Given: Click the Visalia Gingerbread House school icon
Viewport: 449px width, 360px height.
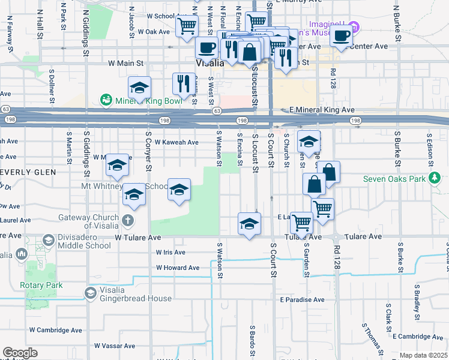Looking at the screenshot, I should (90, 293).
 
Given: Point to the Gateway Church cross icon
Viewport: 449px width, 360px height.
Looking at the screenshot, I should (127, 220).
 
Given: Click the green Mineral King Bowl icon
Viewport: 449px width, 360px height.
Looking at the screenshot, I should (106, 100).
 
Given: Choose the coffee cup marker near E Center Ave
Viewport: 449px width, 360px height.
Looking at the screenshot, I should (341, 35).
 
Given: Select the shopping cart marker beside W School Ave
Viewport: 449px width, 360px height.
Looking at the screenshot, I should (187, 26).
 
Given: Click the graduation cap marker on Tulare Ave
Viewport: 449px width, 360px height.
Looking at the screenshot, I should (249, 224).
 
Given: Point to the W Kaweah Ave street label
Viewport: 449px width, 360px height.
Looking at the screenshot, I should (176, 142).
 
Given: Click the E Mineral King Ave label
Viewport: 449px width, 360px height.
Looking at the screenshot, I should (322, 110).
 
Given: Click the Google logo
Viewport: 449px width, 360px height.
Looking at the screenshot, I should (20, 353).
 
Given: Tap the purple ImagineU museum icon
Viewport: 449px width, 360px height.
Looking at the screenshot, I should (354, 27).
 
